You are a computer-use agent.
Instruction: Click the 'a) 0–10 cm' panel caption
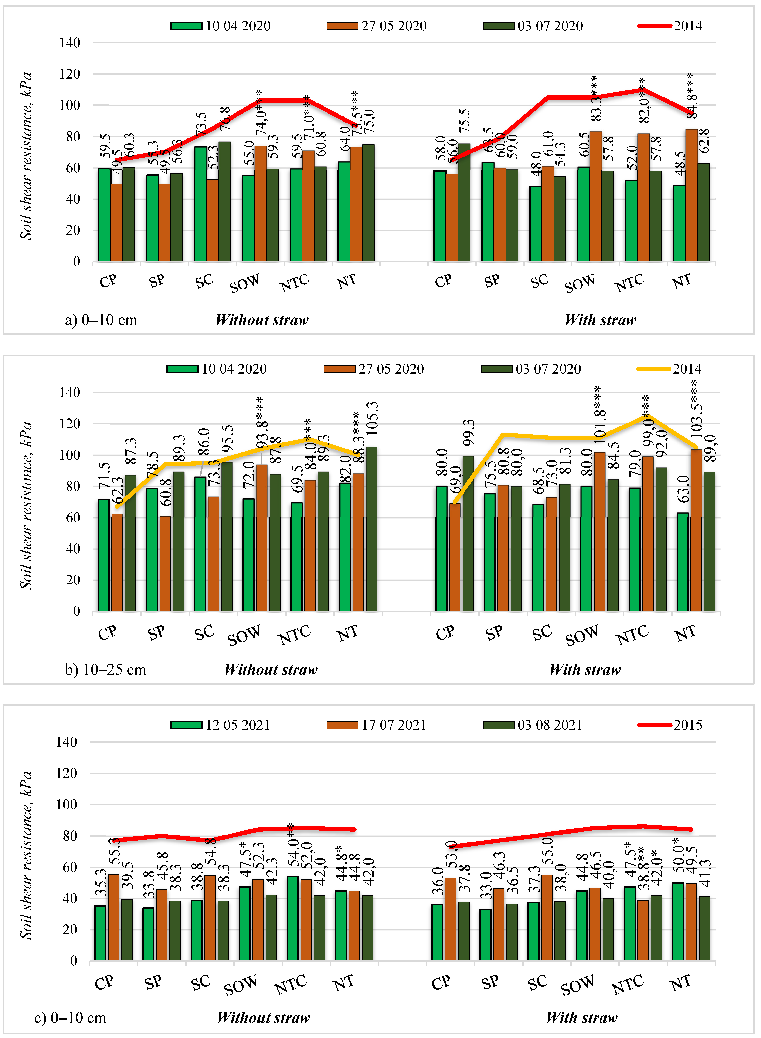click(101, 320)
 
